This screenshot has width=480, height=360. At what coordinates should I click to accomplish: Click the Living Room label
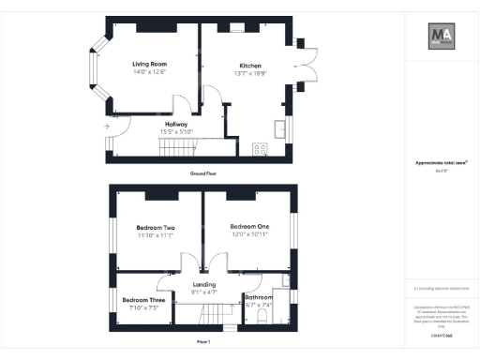[149, 65]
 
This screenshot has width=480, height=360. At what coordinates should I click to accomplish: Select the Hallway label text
[176, 124]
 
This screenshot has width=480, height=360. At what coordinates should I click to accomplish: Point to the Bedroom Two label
[156, 228]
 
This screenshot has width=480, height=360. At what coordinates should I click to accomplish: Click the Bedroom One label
[249, 226]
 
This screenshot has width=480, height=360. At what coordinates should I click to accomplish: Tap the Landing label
[204, 284]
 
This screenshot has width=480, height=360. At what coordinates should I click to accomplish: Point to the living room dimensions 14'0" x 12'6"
[149, 73]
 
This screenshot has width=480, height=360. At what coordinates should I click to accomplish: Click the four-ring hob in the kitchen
[260, 148]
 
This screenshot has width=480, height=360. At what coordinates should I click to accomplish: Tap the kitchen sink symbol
[279, 127]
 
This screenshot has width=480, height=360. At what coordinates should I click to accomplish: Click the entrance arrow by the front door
[108, 125]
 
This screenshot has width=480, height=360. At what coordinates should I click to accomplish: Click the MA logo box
[442, 37]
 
